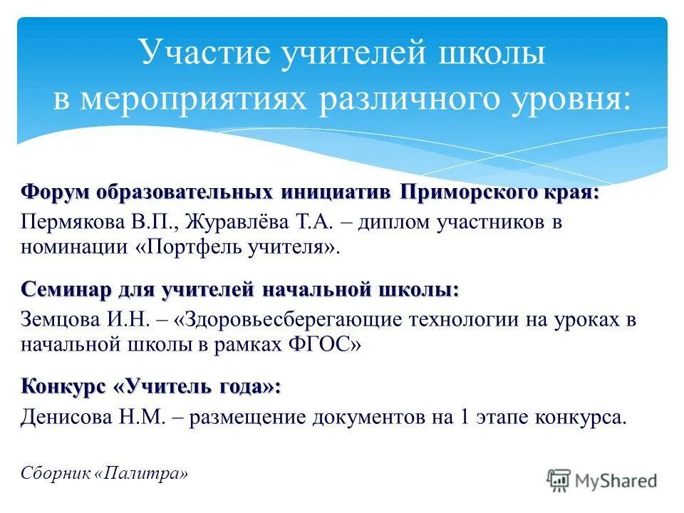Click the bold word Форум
tap(56, 193)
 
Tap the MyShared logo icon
tap(560, 480)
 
